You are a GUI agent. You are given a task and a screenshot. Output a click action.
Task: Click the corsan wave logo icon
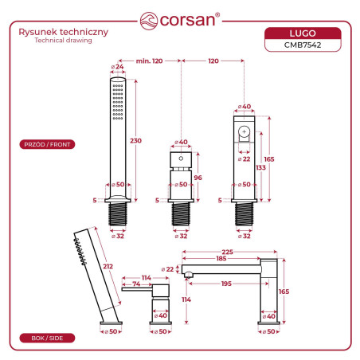pos(149,21)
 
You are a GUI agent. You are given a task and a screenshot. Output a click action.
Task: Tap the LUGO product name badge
pos(303,33)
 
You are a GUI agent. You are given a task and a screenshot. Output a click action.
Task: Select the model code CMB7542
pos(303,45)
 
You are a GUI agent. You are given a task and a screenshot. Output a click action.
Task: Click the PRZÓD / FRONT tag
pos(47,144)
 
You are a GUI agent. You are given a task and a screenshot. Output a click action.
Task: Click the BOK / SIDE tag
pos(47,338)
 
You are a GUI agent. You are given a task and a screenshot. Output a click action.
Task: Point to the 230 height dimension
pos(135,140)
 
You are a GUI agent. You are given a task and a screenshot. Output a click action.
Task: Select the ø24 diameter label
pos(117,67)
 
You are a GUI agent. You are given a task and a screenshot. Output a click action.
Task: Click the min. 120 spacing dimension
pos(149,61)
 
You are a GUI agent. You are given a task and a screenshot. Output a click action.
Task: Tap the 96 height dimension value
pos(198,178)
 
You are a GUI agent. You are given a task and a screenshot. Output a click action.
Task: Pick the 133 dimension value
pos(260,167)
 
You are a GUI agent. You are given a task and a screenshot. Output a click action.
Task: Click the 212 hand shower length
pos(108,266)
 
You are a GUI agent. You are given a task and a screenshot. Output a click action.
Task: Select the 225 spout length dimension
pos(228,252)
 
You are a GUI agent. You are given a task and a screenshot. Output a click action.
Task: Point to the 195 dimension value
pos(226,284)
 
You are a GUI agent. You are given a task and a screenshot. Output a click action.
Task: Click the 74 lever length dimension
pos(136,284)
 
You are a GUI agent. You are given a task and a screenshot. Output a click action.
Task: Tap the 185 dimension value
pos(221,258)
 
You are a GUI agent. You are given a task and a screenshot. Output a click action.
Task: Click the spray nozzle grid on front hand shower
pos(118,102)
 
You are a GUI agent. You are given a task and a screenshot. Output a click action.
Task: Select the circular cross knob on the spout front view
pos(245,131)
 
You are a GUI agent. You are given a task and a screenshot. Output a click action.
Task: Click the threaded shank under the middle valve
pos(181,213)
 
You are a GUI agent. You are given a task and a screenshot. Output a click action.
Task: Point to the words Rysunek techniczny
pos(64,32)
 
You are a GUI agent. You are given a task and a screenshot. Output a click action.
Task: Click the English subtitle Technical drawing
pos(63,41)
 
